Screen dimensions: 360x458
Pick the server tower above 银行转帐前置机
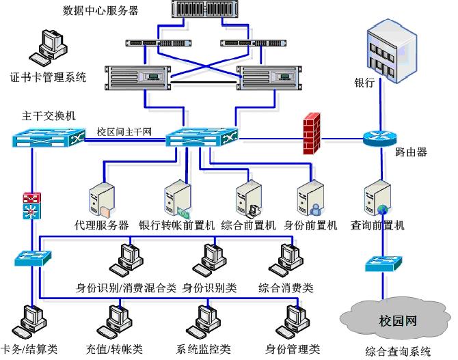click(176, 199)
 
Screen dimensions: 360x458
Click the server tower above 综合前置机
click(247, 199)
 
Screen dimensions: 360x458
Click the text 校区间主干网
click(124, 131)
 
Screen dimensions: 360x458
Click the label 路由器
click(412, 152)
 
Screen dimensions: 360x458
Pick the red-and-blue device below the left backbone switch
click(30, 205)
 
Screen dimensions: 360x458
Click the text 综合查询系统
click(398, 352)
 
